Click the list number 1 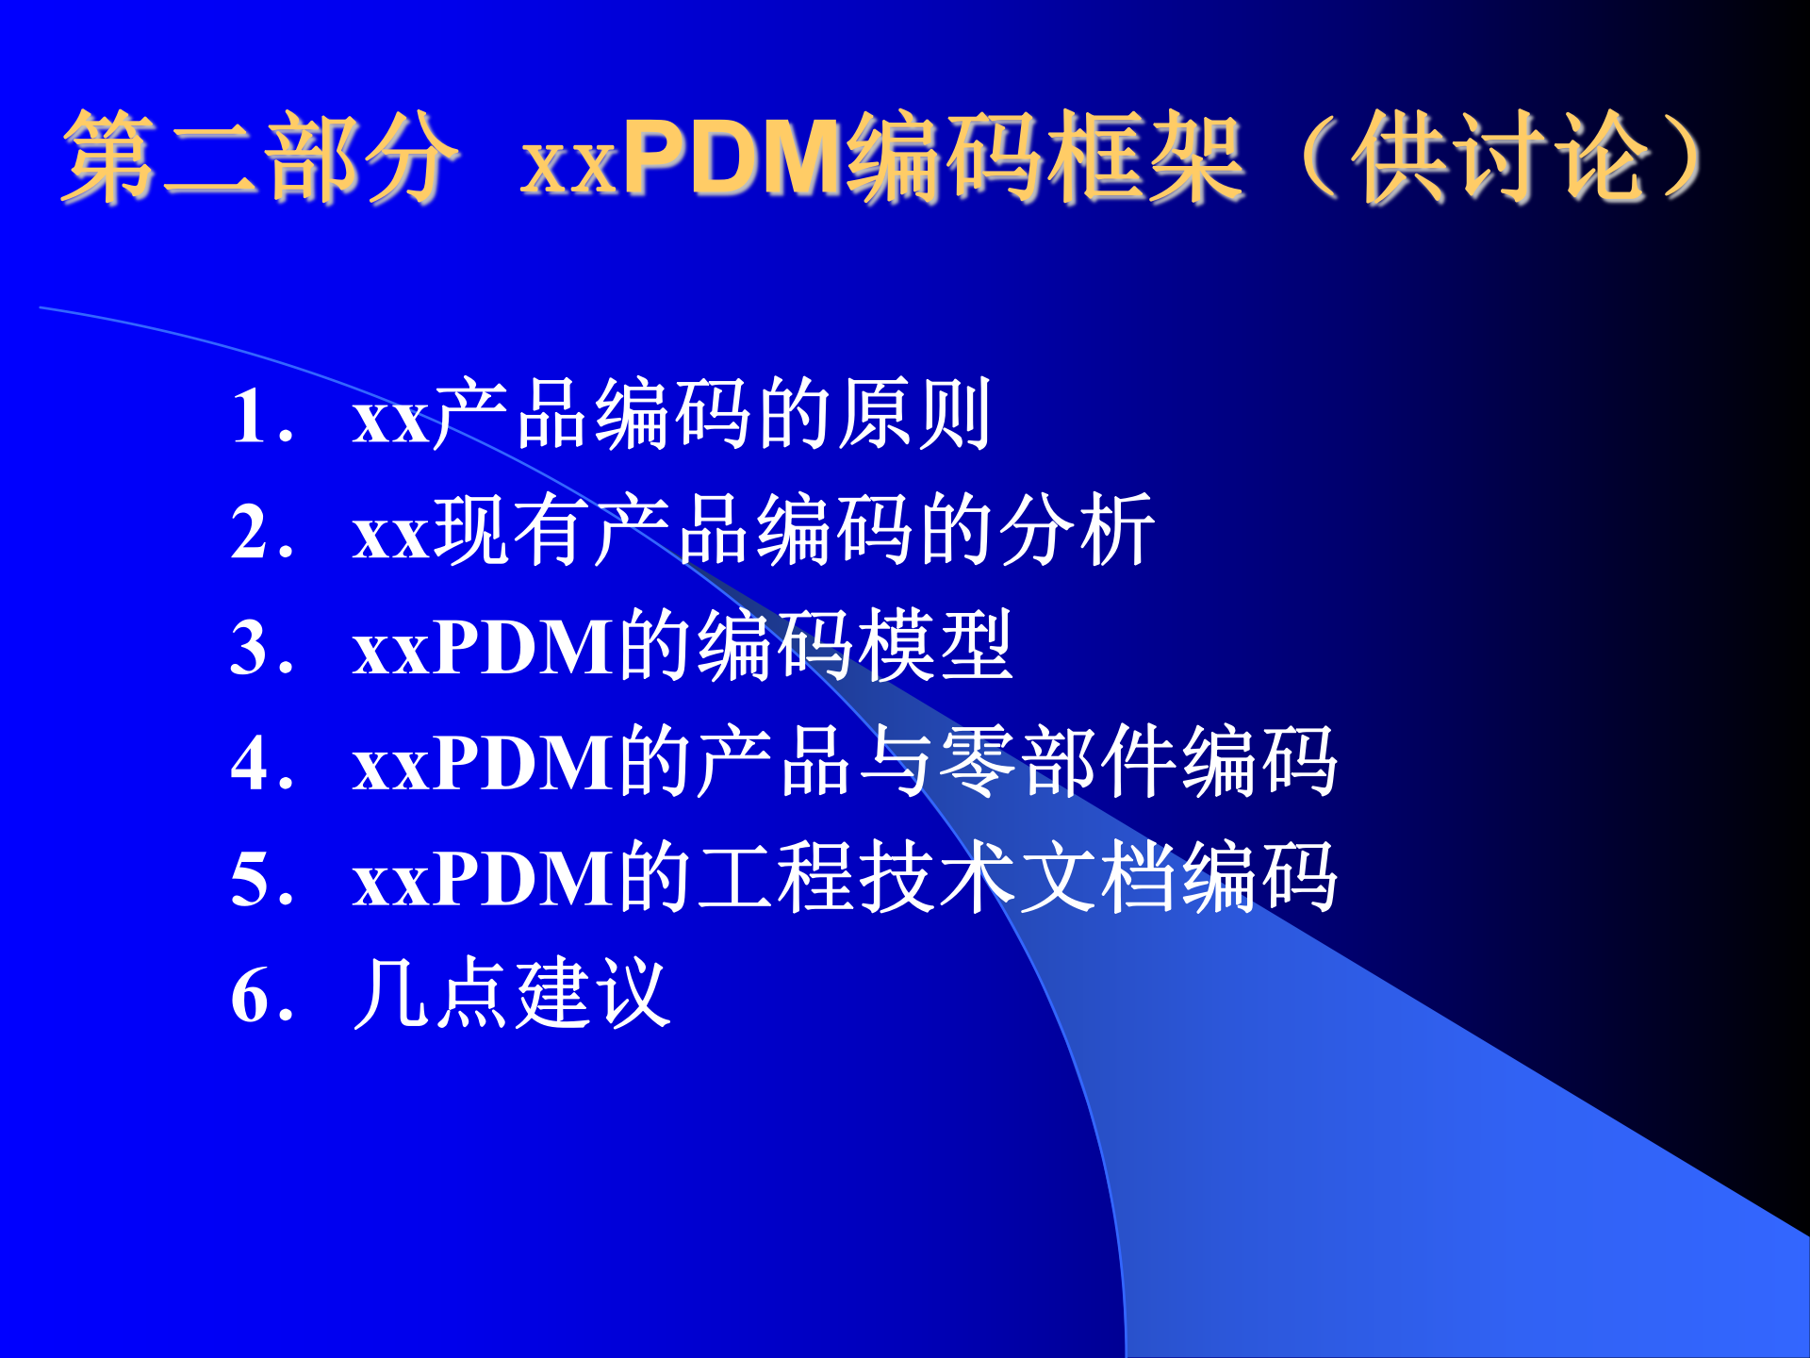click(250, 416)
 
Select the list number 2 click(251, 532)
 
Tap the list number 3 click(251, 648)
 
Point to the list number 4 click(251, 763)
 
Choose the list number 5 click(251, 879)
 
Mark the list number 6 click(251, 995)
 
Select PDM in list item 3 click(524, 648)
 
